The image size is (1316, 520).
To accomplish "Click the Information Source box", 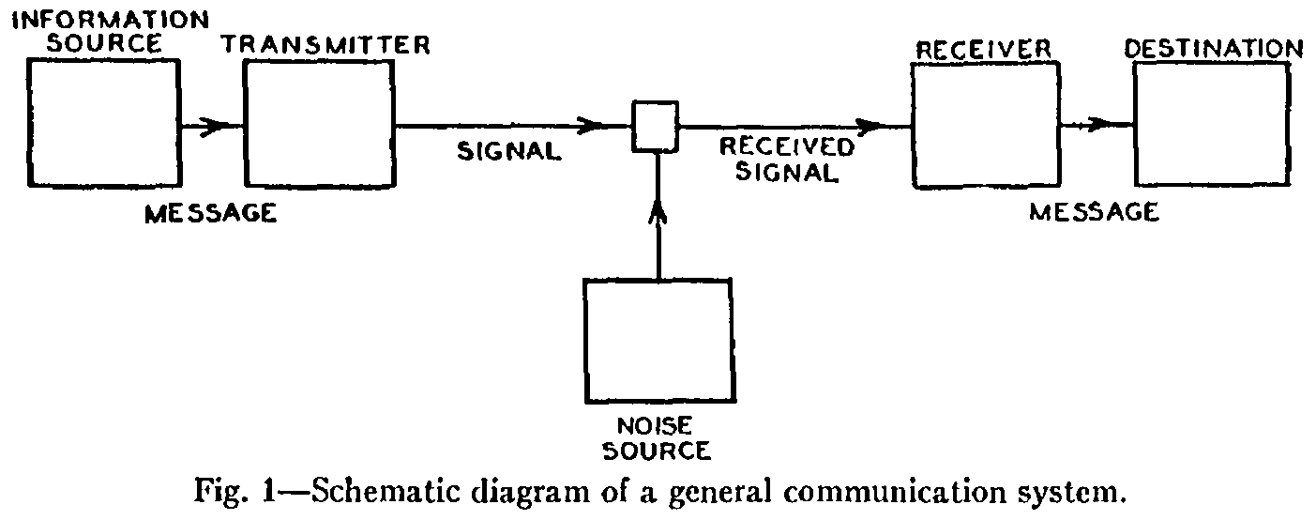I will coord(102,123).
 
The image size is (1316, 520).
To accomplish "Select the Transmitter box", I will coord(319,123).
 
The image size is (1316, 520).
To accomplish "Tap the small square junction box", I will coord(653,127).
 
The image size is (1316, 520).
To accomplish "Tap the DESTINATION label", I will coord(1213,48).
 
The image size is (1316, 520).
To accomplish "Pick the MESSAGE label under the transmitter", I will coord(211,213).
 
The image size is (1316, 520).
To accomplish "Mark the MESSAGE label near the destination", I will coord(1094,212).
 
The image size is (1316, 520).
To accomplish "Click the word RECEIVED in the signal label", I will coord(787,147).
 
